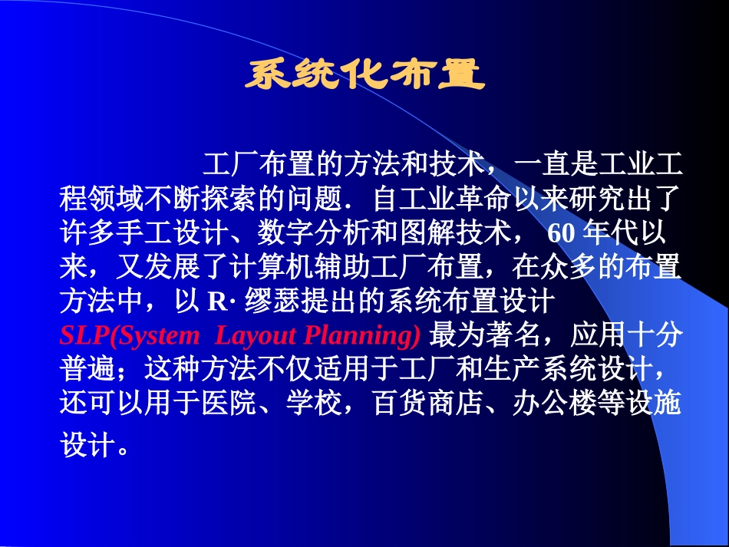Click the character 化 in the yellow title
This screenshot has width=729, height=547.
[x=364, y=76]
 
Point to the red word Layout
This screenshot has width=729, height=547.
[x=256, y=336]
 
